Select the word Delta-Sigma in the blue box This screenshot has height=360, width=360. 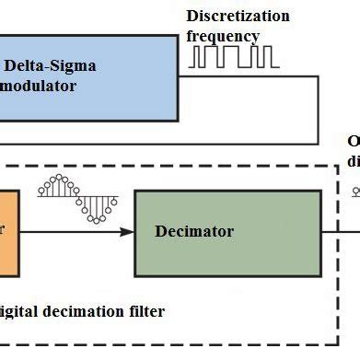tap(51, 66)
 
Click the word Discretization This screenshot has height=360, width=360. tap(238, 17)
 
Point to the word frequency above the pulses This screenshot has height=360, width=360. tap(223, 36)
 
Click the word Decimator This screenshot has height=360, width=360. tap(194, 231)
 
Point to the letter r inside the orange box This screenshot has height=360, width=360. tap(3, 232)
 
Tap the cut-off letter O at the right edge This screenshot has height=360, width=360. tap(354, 142)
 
